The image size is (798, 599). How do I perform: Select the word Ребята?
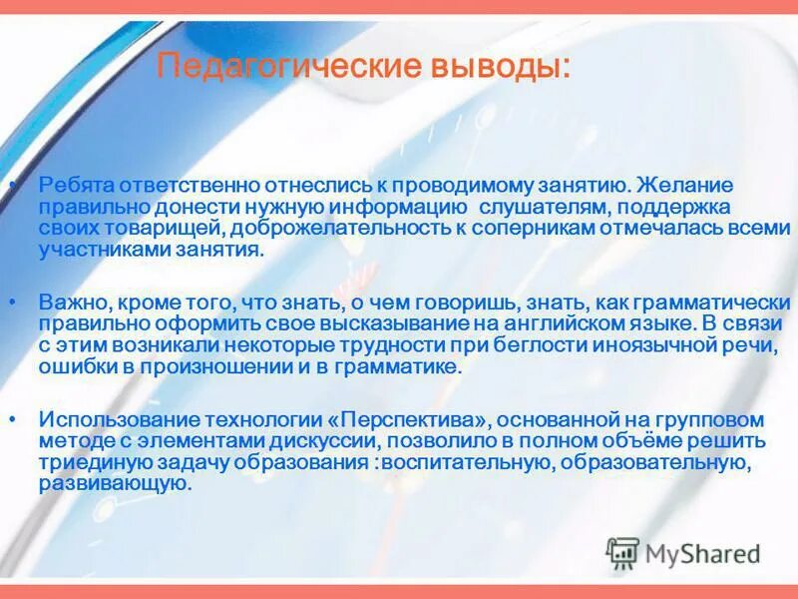76,186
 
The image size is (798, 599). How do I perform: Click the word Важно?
69,301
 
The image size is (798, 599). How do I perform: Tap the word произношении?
235,366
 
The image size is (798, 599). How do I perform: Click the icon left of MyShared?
623,552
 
